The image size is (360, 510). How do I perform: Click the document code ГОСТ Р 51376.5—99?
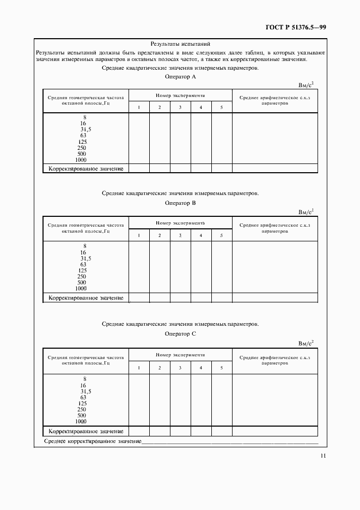pos(296,27)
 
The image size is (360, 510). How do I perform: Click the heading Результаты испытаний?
pos(180,44)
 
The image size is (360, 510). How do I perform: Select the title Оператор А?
pos(180,77)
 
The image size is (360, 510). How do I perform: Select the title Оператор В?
pos(180,203)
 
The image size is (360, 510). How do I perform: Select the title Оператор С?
pos(180,333)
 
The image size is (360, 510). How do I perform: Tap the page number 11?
pos(323,457)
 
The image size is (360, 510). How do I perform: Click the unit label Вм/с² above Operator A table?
pos(306,85)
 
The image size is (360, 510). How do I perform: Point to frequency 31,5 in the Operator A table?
pos(86,129)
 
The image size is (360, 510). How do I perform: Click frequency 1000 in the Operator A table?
pos(81,160)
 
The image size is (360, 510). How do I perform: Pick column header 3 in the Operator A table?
pos(180,107)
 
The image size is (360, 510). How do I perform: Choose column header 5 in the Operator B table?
pos(222,235)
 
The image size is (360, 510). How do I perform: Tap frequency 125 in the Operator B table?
pos(83,270)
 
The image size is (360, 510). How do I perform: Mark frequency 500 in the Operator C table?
pos(82,415)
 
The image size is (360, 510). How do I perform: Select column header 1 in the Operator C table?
pos(139,368)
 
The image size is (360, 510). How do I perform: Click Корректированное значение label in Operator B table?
pos(86,298)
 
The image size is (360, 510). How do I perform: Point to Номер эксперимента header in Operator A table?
pos(180,95)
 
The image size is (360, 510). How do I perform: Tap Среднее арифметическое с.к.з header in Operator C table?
pos(274,361)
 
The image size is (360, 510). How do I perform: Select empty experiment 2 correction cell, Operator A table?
pos(160,168)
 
